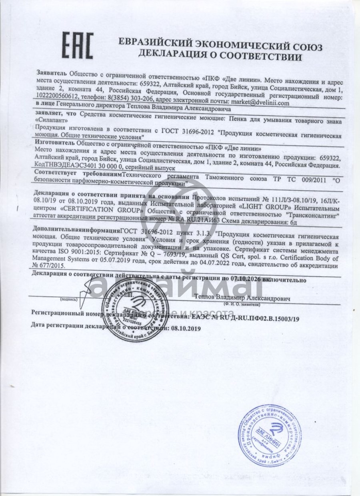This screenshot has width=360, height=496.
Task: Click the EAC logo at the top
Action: point(78,45)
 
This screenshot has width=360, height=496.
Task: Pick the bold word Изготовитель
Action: point(55,143)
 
